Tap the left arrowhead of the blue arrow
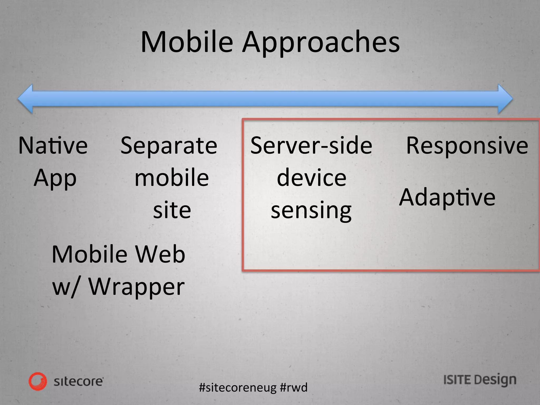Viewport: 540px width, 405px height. pos(26,99)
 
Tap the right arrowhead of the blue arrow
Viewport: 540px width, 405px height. pos(505,99)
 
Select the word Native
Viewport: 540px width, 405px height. pos(53,146)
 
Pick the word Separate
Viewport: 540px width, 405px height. pos(169,146)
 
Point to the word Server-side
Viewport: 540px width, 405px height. pos(311,146)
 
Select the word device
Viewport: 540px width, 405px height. pos(311,178)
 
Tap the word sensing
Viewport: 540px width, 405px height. pos(311,211)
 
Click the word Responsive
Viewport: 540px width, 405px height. pos(467,146)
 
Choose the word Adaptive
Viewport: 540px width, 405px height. pos(447,198)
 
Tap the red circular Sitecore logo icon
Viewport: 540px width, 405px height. pos(38,381)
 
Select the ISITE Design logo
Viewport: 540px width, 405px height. pos(480,380)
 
